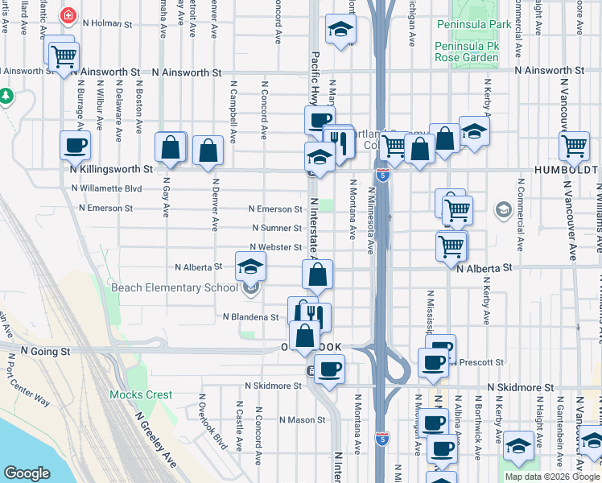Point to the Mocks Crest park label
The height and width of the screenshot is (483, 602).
coord(141,395)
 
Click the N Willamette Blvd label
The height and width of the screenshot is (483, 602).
coord(106,189)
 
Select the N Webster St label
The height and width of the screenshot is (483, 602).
coord(275,247)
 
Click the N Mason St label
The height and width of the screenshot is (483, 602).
coord(302,419)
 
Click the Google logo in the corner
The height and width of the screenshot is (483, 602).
coord(27,473)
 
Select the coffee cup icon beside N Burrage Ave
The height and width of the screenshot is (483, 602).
coord(75,146)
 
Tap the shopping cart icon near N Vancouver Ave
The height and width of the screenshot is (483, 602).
coord(574,147)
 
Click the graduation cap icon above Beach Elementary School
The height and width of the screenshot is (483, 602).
coord(250,265)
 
